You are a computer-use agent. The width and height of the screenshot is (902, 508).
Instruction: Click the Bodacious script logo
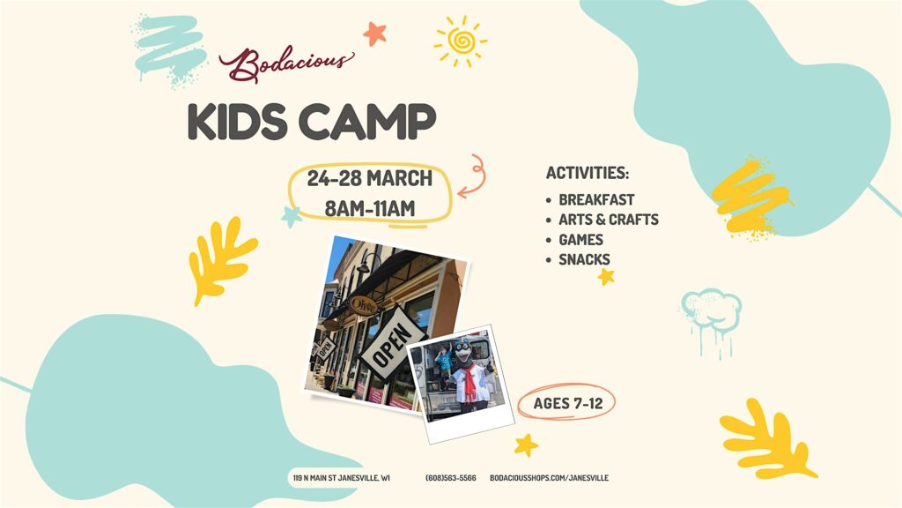coord(286,63)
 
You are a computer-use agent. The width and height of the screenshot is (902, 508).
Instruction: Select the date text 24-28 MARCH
coord(369,178)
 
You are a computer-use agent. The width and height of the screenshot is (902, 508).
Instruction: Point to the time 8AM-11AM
coord(369,208)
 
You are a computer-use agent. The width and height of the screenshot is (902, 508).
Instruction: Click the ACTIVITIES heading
coord(588,173)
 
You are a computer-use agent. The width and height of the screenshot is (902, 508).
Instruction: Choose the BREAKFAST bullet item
coord(596,200)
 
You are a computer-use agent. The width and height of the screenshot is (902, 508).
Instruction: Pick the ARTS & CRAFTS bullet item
coord(609,220)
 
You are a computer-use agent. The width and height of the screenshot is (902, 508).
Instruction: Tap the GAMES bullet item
coord(581,240)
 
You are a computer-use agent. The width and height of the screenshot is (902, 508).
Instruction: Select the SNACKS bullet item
coord(585,259)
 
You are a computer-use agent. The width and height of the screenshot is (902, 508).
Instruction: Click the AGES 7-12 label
coord(568,403)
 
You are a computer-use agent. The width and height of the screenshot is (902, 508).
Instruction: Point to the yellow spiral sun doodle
coord(461,41)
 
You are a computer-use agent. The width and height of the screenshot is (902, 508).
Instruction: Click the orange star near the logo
coord(374,34)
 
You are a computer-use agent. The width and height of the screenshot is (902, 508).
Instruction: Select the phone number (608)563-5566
coord(451,478)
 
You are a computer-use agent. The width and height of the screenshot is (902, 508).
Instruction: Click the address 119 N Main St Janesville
coord(341,478)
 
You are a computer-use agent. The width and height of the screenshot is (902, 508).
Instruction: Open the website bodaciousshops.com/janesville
coord(550,478)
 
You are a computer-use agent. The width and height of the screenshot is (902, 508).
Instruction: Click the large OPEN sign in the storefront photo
coord(392,345)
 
